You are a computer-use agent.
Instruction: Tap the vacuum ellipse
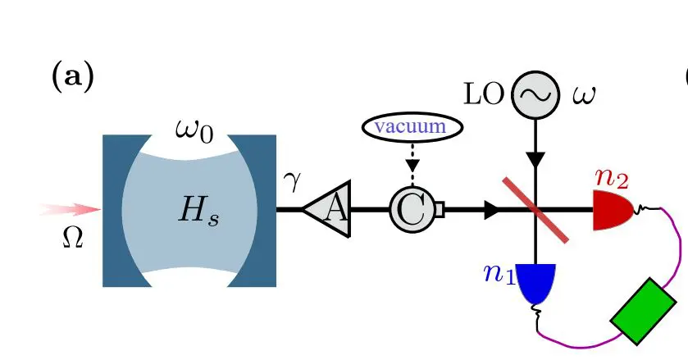(x=412, y=127)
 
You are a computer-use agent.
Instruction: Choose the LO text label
(x=484, y=93)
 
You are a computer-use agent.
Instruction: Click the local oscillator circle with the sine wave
(x=535, y=94)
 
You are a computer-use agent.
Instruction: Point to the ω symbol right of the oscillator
(x=584, y=94)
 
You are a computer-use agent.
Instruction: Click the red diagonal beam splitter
(x=535, y=211)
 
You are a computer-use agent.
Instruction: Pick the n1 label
(x=499, y=272)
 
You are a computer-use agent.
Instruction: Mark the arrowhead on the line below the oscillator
(x=535, y=159)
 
